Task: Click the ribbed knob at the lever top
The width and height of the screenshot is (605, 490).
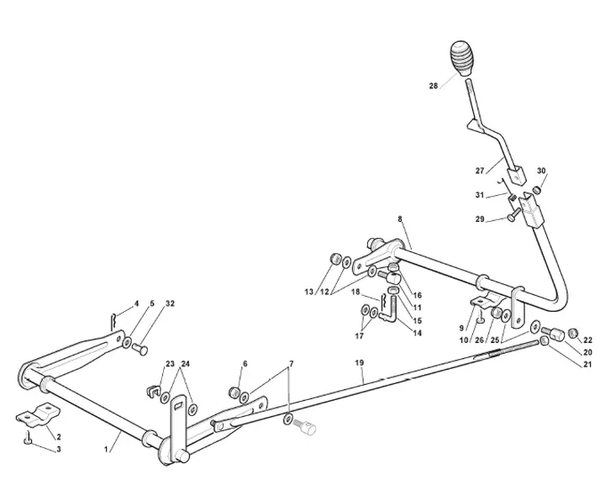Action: [462, 58]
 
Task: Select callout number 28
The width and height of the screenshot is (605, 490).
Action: [434, 86]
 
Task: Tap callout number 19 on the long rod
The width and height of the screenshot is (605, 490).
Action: [360, 363]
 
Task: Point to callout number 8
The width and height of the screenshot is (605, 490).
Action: [400, 219]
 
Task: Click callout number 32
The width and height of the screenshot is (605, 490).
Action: [170, 303]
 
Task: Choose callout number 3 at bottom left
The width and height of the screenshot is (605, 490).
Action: [59, 449]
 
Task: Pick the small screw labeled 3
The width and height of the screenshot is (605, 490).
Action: [28, 438]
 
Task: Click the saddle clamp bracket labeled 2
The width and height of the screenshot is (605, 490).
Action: [38, 414]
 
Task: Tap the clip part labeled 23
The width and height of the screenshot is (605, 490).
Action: [153, 391]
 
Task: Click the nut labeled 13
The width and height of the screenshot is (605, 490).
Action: [335, 259]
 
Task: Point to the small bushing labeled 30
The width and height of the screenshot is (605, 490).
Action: [537, 189]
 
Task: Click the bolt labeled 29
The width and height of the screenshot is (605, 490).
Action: [513, 214]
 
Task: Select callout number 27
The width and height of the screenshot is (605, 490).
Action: [480, 171]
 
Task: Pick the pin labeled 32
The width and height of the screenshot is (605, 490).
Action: [139, 349]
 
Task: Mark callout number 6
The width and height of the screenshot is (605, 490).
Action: [245, 364]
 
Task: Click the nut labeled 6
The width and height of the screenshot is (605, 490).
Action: [234, 392]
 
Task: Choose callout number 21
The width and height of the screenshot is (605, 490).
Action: [587, 364]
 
